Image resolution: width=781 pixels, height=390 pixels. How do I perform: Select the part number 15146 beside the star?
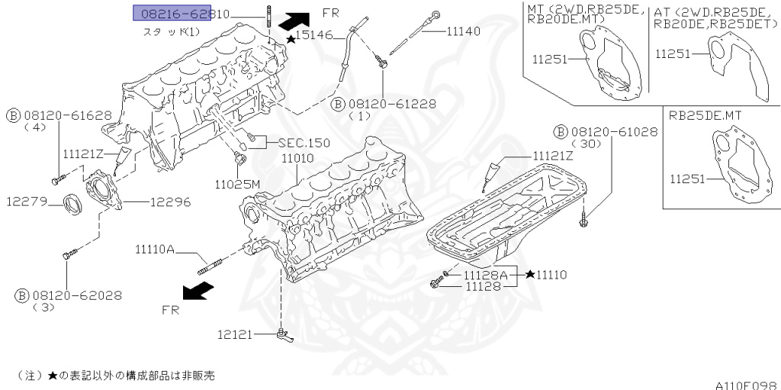tap(314, 36)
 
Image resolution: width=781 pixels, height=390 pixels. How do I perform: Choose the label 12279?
tap(28, 202)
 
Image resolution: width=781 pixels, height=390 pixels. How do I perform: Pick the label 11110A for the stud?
tap(156, 249)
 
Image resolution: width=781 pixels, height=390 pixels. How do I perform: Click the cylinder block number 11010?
tap(298, 158)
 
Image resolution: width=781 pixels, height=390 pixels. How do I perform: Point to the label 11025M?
tap(237, 184)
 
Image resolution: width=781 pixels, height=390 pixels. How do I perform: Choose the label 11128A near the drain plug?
tap(483, 274)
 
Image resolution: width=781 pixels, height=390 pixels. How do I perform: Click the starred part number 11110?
tap(551, 274)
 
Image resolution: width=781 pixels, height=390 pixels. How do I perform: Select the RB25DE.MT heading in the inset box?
tap(706, 116)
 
